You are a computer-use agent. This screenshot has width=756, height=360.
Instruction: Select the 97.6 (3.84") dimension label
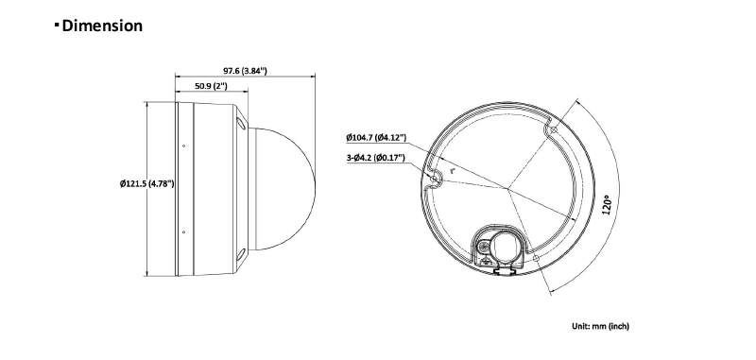pyautogui.click(x=245, y=71)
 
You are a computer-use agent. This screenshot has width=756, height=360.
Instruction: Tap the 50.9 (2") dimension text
pyautogui.click(x=211, y=86)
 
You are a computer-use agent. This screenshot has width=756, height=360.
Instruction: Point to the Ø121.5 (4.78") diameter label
pyautogui.click(x=147, y=183)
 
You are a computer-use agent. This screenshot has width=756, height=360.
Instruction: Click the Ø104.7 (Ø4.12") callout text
pyautogui.click(x=376, y=138)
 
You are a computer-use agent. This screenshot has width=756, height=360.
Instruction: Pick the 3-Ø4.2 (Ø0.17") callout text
pyautogui.click(x=376, y=158)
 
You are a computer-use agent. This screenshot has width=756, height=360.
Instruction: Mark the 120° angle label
pyautogui.click(x=607, y=205)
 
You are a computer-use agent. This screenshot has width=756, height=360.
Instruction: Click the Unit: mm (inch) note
pyautogui.click(x=600, y=326)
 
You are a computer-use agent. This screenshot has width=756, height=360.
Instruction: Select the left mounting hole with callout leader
pyautogui.click(x=434, y=180)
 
